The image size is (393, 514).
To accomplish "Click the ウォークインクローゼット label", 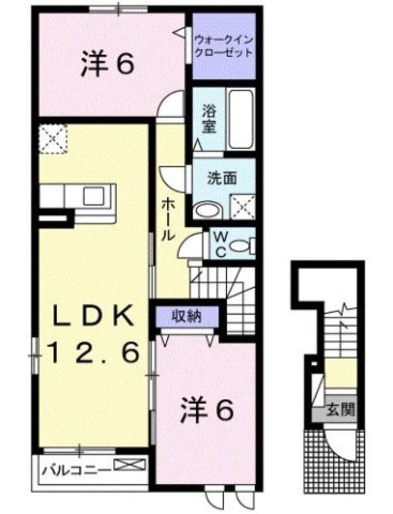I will click(223, 45).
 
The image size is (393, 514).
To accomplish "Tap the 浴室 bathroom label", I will click(209, 119).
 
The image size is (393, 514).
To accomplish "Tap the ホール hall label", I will click(168, 219).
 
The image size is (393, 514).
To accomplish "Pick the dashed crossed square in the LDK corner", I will click(52, 138).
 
